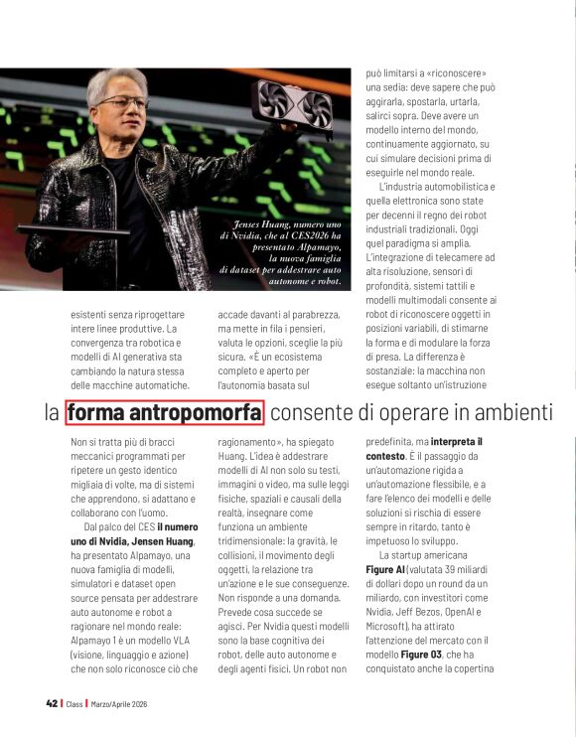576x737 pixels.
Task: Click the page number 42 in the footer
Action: [51, 703]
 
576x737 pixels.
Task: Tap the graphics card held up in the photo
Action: [294, 106]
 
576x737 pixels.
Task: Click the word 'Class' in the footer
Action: [74, 703]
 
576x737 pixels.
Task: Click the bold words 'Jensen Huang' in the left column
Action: [150, 541]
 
